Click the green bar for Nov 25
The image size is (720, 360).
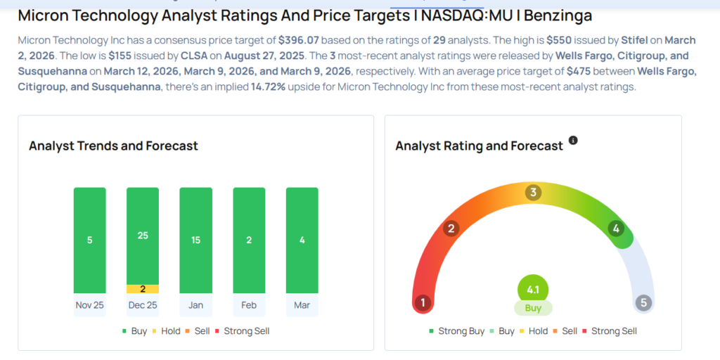tap(89, 240)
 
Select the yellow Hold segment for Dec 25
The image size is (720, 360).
tap(143, 289)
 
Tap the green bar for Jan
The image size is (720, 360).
tap(195, 240)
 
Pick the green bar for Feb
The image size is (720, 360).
tap(249, 240)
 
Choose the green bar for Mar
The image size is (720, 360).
tap(302, 240)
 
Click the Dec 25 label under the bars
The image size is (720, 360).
tap(143, 305)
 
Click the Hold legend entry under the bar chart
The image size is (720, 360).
tap(166, 330)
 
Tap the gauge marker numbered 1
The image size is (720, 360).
tap(423, 303)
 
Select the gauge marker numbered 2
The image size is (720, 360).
tap(451, 228)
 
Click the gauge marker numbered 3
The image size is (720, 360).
tap(534, 192)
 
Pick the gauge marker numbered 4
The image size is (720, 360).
tap(616, 228)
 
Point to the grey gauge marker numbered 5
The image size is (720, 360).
tap(643, 303)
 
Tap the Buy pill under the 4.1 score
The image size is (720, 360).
tap(533, 308)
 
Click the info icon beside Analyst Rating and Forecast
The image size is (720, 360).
tap(573, 141)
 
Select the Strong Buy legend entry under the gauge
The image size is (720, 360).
tap(457, 330)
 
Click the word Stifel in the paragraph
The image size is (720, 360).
tap(635, 40)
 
